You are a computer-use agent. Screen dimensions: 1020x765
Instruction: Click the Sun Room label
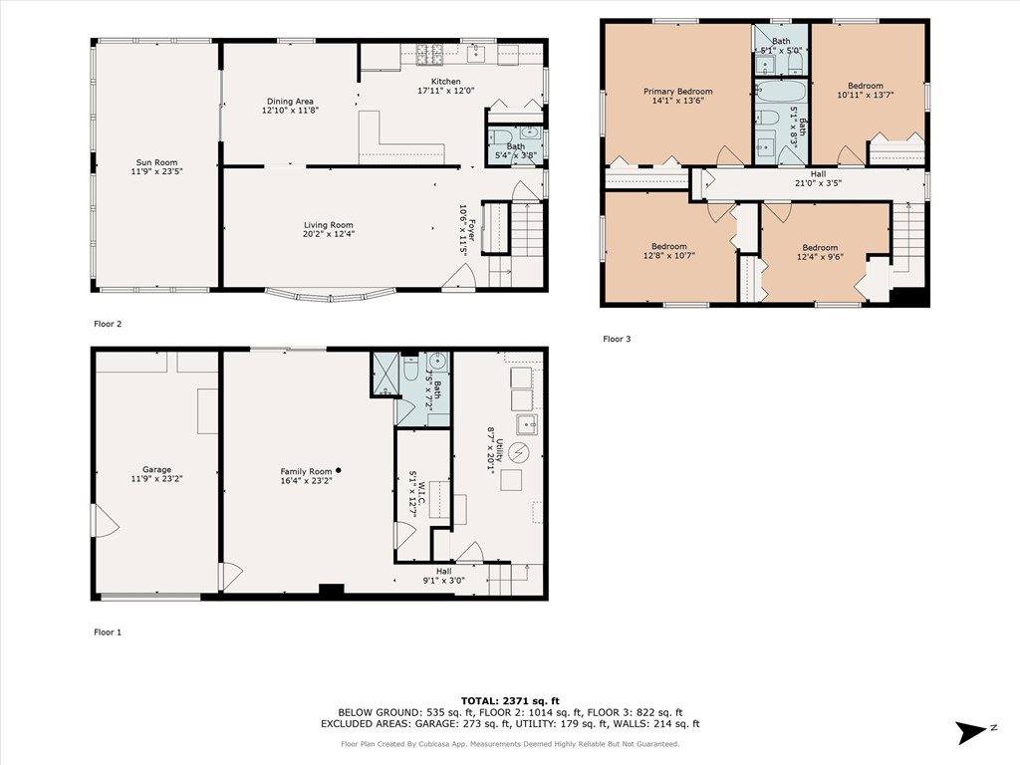[x=156, y=162]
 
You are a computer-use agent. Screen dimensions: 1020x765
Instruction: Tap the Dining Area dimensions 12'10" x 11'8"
[x=290, y=111]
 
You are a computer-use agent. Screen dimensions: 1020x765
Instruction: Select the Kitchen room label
[x=445, y=82]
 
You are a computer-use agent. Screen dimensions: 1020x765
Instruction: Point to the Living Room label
[x=329, y=225]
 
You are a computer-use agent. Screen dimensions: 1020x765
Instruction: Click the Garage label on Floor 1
[x=156, y=469]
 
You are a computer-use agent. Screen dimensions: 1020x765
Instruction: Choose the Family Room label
[x=307, y=471]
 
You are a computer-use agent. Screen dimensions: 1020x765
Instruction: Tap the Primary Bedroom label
[x=677, y=92]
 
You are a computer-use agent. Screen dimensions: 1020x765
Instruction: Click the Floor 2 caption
[x=108, y=324]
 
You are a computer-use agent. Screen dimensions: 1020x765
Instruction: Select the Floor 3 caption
[x=617, y=339]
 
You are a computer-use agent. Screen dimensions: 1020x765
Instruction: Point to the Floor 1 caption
[x=108, y=633]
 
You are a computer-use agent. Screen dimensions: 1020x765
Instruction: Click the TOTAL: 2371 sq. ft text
[x=510, y=700]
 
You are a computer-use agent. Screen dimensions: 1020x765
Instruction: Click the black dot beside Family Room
[x=339, y=470]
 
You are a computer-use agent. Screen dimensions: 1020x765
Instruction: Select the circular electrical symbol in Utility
[x=519, y=453]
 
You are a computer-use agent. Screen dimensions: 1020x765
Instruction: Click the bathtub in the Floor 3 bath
[x=781, y=91]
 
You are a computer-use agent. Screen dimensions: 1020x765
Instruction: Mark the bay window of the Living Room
[x=330, y=295]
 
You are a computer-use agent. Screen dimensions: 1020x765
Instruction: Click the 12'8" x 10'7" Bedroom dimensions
[x=668, y=256]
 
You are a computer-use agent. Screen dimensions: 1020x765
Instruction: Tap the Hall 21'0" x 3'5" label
[x=818, y=179]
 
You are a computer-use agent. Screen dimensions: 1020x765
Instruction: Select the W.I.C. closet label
[x=416, y=494]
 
